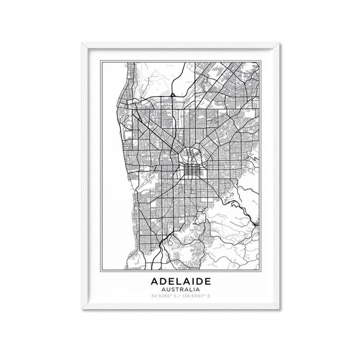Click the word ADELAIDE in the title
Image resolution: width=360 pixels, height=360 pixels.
tap(180, 280)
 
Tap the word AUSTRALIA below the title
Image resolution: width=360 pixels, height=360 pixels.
tap(180, 288)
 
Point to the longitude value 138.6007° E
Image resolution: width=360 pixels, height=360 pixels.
tap(197, 296)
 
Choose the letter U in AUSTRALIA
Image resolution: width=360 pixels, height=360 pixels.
tap(167, 288)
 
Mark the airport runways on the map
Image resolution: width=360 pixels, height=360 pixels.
tap(148, 181)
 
